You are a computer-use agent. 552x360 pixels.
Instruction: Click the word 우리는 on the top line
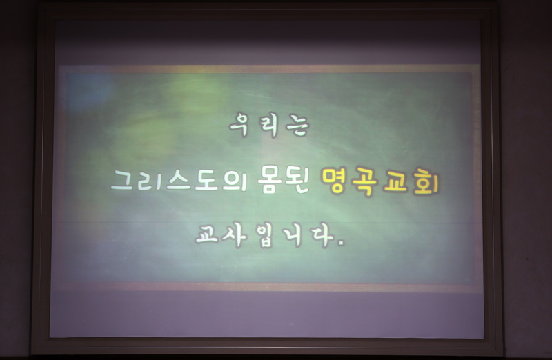[269, 125]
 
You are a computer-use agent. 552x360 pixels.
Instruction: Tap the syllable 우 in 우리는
[240, 125]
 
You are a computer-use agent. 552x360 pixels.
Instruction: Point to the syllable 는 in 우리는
[297, 126]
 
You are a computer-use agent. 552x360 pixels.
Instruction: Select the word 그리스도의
[179, 180]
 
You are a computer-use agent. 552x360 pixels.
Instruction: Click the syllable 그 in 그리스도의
[122, 180]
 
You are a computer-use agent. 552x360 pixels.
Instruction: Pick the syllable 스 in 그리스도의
[179, 180]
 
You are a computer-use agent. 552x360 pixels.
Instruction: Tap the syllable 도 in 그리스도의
[206, 180]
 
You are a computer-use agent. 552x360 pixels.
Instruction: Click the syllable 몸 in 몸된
[270, 181]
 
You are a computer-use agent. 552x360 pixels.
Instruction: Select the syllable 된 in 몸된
[297, 181]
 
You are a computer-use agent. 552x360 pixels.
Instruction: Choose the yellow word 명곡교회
[381, 181]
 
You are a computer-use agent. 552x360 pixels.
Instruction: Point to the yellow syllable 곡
[365, 181]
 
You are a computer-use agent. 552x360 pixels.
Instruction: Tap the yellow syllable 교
[396, 181]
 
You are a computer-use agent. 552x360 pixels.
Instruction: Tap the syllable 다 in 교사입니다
[322, 235]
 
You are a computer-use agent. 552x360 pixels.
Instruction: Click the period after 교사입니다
[340, 243]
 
